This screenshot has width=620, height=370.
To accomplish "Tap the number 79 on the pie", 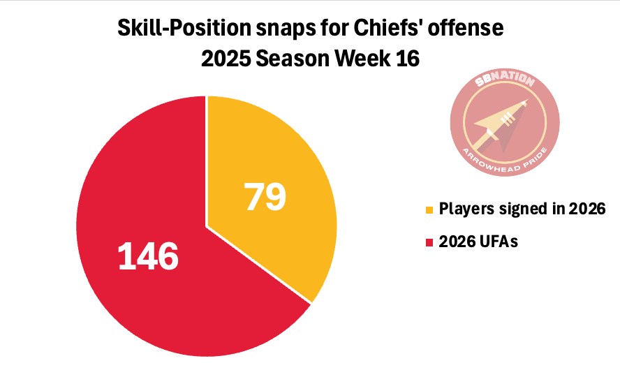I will point(265,197).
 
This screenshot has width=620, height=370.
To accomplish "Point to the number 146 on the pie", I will point(148,256).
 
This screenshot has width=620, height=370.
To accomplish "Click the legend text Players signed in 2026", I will point(521,209).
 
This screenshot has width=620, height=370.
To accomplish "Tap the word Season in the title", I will point(296,59).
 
